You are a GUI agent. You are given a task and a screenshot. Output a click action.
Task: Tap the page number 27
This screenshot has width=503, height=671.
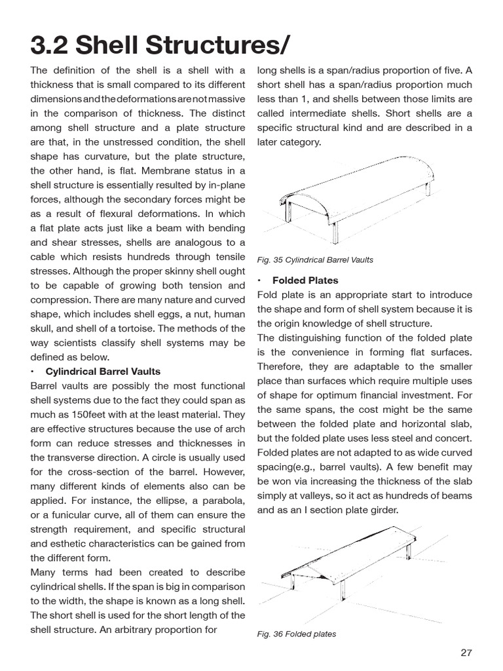(466, 652)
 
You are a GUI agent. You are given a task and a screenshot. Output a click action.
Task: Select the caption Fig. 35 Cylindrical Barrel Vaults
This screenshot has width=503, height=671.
(315, 260)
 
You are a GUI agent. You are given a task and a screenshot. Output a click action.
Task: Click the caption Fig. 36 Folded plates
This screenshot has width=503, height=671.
(297, 634)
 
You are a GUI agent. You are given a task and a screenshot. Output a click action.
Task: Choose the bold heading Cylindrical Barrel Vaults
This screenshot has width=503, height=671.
(103, 372)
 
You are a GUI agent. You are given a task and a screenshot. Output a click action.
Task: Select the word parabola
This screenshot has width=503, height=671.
(220, 501)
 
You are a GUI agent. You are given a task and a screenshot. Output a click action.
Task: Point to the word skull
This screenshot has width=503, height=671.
(43, 328)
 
